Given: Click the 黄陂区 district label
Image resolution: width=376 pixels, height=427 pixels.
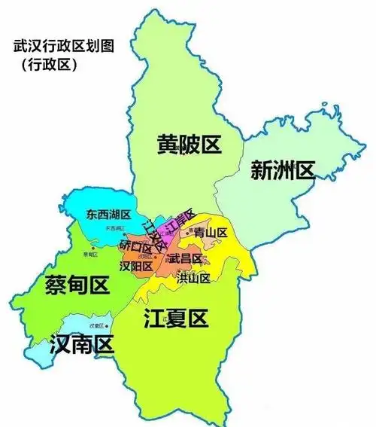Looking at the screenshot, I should [189, 144].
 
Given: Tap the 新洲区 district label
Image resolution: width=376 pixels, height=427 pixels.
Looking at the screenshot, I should [282, 171].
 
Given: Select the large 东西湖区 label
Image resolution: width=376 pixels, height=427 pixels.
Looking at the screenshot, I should [108, 215].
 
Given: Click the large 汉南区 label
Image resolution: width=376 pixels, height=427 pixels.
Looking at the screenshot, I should [80, 345].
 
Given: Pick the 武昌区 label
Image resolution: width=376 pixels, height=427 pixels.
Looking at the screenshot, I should [185, 259].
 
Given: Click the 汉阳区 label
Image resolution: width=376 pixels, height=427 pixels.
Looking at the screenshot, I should [136, 266].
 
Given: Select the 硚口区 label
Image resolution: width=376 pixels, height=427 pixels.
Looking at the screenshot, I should [135, 246].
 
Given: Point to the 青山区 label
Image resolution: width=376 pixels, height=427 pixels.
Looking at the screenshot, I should [210, 233].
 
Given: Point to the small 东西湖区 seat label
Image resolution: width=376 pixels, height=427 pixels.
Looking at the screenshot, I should [114, 227].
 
